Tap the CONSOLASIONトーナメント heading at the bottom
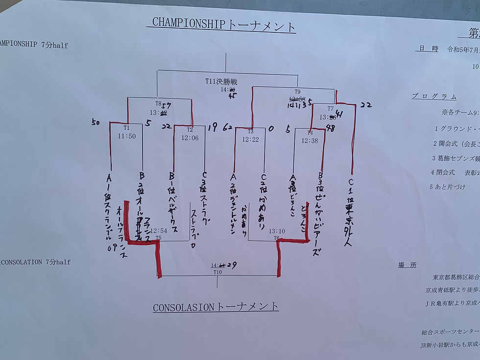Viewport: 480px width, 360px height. pyautogui.click(x=216, y=307)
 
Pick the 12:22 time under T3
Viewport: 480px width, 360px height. pyautogui.click(x=250, y=140)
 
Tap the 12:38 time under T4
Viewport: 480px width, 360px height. pyautogui.click(x=310, y=141)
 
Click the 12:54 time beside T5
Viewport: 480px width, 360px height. pyautogui.click(x=159, y=231)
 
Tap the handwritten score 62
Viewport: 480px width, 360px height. pyautogui.click(x=228, y=128)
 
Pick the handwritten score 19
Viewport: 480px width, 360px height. pyautogui.click(x=212, y=127)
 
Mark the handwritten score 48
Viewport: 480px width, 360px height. pyautogui.click(x=330, y=128)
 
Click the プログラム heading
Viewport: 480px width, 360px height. pyautogui.click(x=434, y=96)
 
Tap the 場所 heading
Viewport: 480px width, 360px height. pyautogui.click(x=407, y=265)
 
